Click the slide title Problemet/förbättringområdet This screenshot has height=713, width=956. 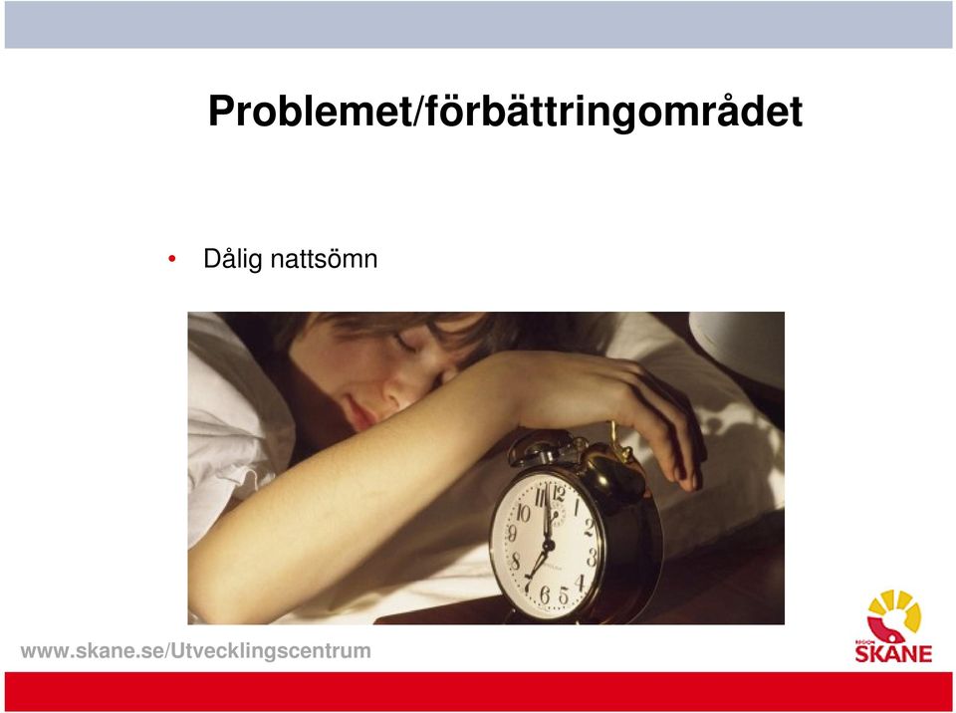tap(506, 112)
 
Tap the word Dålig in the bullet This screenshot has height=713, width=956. tap(233, 259)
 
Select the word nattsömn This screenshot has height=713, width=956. tap(324, 259)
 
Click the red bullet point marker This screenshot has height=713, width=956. tap(172, 259)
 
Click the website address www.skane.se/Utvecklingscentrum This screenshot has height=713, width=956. tap(196, 651)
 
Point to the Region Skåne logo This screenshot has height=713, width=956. tap(894, 625)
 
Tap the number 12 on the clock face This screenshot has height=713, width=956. tap(558, 493)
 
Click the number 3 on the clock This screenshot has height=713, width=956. tap(592, 557)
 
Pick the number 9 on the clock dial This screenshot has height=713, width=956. tap(512, 534)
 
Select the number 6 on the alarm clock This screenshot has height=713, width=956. tap(545, 594)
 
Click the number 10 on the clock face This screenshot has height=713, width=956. tap(523, 512)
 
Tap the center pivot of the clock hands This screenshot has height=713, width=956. tap(548, 543)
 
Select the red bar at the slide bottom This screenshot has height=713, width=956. tap(478, 691)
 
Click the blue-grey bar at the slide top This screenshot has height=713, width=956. tap(478, 24)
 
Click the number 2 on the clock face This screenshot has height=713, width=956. tap(589, 527)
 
